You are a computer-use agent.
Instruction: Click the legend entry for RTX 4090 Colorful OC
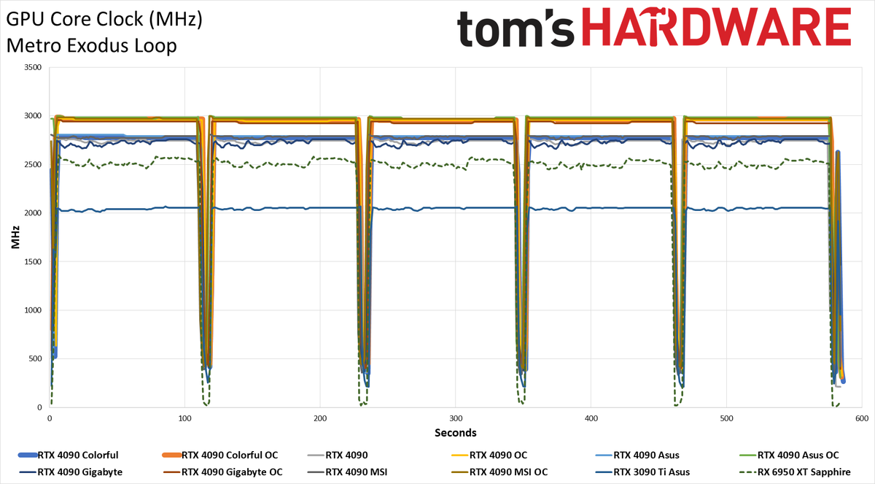coord(220,455)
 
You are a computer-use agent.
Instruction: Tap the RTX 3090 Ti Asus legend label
coord(652,472)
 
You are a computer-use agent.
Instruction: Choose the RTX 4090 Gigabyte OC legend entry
coord(222,472)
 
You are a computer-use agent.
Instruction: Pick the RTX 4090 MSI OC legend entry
coord(499,472)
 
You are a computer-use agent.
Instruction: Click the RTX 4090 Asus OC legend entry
coord(789,455)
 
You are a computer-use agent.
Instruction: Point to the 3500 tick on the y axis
coord(33,67)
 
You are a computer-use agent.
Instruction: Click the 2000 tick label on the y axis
coord(33,213)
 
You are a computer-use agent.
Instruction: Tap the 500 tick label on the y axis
coord(35,358)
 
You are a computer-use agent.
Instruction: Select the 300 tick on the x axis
coord(456,418)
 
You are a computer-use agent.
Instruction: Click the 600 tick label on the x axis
coord(862,418)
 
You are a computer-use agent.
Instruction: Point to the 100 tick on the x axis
coord(184,418)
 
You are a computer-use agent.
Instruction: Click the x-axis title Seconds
coord(456,433)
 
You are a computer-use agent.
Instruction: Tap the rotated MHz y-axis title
coord(15,237)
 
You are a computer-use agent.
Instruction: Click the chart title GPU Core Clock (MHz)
coord(104,20)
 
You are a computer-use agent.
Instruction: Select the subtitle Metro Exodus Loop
coord(91,46)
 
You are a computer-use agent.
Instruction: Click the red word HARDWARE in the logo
coord(716,26)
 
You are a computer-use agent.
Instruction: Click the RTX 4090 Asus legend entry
coord(646,455)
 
